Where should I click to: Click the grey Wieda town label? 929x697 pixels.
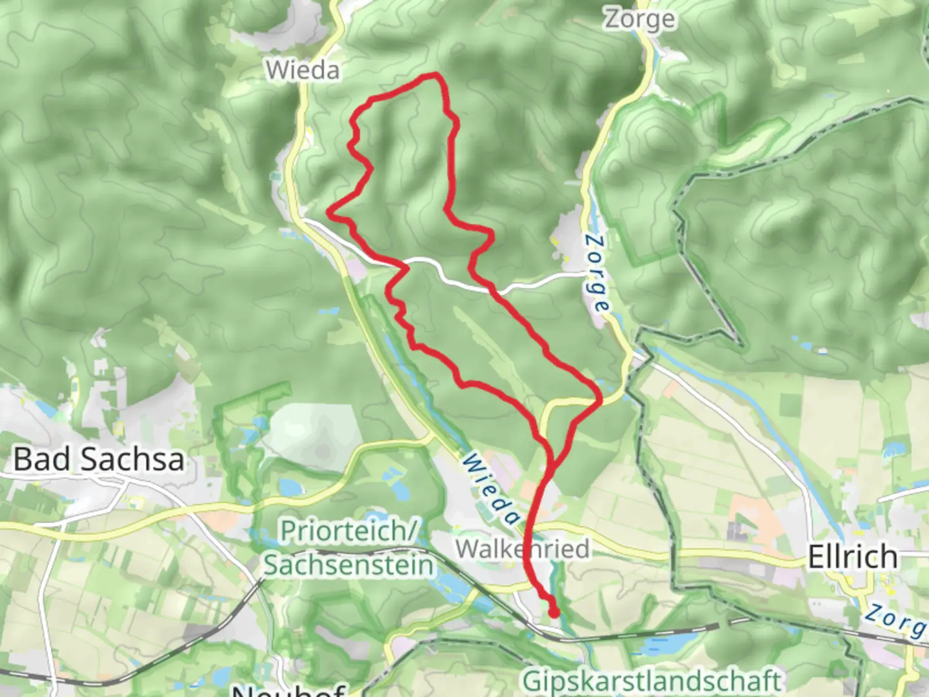pos(303,70)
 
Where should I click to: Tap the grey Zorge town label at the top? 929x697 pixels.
pos(639,19)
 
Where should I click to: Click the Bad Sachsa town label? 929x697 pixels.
pos(99,460)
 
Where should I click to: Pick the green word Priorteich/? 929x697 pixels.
pos(350,531)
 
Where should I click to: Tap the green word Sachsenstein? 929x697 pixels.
pos(349,565)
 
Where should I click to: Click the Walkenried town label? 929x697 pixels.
pos(522,549)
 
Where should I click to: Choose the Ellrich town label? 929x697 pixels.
pos(852,556)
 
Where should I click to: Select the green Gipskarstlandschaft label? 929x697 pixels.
pos(652,681)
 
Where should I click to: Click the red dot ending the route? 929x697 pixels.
pos(554,612)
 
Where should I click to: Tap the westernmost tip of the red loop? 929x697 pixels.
pos(330,211)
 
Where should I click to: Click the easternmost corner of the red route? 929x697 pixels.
pos(600,400)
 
